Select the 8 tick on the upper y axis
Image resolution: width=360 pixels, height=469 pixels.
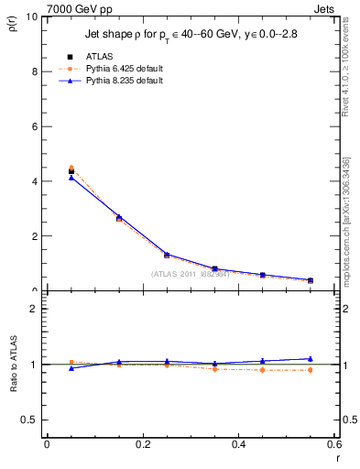[x=34, y=71]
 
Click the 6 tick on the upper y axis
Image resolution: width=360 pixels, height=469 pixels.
[x=34, y=126]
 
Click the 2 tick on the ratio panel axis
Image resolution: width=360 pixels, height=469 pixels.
[x=34, y=309]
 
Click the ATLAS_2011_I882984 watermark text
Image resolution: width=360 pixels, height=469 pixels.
[x=190, y=274]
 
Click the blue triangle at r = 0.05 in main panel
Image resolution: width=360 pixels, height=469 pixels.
[x=71, y=178]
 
